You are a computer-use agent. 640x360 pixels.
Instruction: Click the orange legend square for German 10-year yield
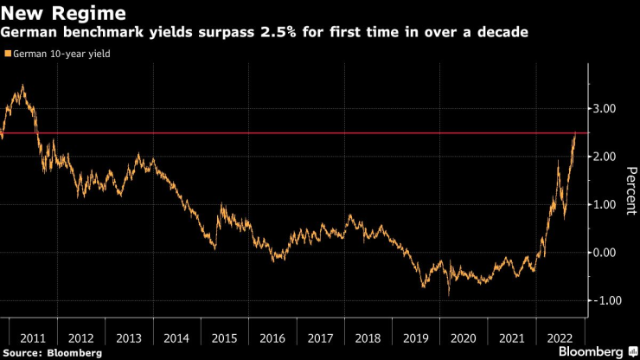[x=8, y=54]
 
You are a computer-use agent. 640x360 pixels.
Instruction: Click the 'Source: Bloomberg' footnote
[x=51, y=353]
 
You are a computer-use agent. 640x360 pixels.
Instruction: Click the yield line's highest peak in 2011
[x=22, y=85]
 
